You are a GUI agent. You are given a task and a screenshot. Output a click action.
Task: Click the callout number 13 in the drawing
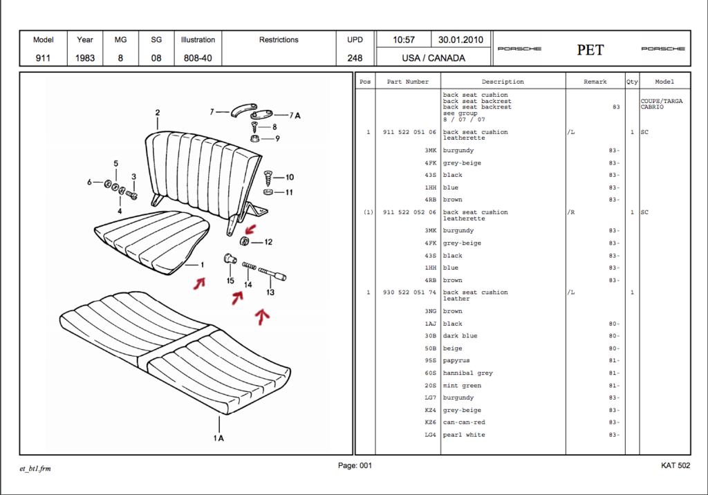coord(270,292)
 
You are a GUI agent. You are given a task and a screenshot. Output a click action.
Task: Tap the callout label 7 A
coord(295,115)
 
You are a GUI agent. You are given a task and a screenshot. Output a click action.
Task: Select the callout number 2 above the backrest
coord(158,113)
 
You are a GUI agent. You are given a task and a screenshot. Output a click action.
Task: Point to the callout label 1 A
coord(218,438)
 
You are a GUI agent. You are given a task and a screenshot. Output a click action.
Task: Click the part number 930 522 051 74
coord(409,292)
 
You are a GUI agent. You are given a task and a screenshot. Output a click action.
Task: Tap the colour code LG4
coord(431,435)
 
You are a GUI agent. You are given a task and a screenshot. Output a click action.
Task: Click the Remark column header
coord(595,82)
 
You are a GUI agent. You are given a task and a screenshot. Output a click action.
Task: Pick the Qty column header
coord(632,82)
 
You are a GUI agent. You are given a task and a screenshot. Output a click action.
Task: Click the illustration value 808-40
coord(198,58)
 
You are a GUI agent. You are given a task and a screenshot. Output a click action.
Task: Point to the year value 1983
coord(85,58)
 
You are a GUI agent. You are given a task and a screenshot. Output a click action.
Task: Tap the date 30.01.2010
coord(460,40)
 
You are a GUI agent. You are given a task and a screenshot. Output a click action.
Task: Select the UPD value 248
coord(355,58)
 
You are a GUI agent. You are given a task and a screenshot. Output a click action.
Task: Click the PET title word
coord(590,50)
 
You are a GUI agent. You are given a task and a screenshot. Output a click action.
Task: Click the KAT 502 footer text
coord(676,466)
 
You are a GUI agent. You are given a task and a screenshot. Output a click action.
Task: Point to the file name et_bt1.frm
coord(35,469)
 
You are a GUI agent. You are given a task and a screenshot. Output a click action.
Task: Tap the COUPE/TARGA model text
coord(662,101)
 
